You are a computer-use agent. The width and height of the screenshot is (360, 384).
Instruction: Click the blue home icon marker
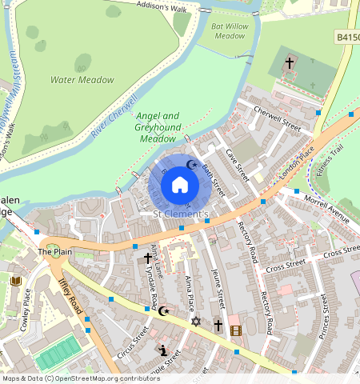[180, 186]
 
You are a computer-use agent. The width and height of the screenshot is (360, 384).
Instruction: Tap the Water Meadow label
[82, 80]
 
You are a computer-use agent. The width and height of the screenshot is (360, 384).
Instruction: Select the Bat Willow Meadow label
[229, 30]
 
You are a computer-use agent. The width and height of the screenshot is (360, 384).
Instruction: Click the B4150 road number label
[347, 37]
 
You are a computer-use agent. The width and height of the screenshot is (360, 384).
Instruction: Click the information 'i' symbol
[163, 350]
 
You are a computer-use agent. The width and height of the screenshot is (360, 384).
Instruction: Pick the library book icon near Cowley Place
[15, 280]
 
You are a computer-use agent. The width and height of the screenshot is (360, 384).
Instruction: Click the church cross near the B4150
[290, 61]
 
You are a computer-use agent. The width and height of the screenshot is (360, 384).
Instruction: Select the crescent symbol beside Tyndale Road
[164, 310]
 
